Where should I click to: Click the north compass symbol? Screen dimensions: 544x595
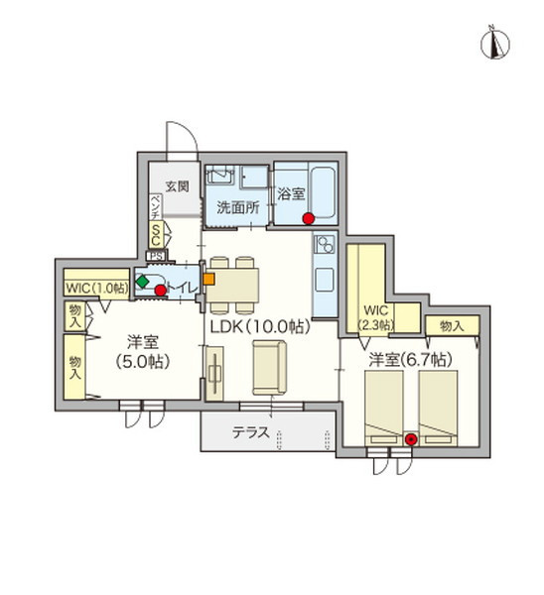(x=495, y=45)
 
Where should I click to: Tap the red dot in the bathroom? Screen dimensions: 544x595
(x=308, y=218)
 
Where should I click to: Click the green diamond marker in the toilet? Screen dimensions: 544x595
(x=143, y=282)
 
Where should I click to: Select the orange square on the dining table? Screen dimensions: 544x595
(x=208, y=279)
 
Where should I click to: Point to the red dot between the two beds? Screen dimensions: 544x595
(x=411, y=439)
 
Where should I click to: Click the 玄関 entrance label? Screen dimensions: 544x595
(x=178, y=186)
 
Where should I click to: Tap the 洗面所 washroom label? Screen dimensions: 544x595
(x=238, y=207)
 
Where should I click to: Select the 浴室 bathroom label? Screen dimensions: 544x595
(x=292, y=194)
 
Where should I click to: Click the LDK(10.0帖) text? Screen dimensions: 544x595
(x=261, y=326)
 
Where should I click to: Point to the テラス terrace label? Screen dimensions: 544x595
(x=251, y=432)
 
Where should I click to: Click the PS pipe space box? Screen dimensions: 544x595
(x=156, y=256)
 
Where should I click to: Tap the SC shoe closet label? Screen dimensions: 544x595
(x=156, y=234)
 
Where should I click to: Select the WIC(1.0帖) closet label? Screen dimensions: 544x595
(x=96, y=289)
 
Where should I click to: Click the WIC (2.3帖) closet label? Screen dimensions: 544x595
(x=376, y=317)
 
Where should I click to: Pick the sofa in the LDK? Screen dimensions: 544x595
(x=269, y=367)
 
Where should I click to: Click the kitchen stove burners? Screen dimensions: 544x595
(x=325, y=244)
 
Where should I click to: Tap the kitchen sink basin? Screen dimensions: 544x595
(x=325, y=280)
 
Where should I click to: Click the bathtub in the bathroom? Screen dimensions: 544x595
(x=323, y=192)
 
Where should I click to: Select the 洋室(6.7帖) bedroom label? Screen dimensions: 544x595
(x=411, y=359)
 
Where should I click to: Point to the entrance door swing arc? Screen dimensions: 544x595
(x=188, y=131)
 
